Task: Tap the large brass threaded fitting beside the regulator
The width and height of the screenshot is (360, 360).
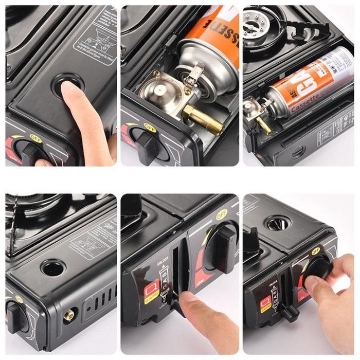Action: click(204, 120)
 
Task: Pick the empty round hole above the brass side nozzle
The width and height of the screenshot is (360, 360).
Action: click(53, 267)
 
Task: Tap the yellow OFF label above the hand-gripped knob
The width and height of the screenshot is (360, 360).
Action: click(315, 250)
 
